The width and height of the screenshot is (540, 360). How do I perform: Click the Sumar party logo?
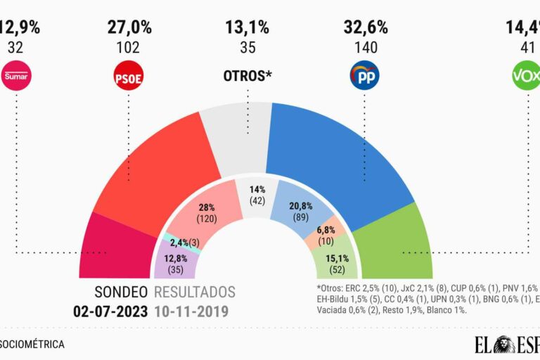point(18,75)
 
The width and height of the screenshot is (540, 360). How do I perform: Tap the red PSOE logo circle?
point(129,76)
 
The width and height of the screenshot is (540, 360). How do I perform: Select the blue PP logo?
point(364,75)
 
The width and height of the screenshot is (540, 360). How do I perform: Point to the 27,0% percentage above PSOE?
point(129,27)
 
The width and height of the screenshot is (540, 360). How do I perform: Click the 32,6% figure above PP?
point(365,27)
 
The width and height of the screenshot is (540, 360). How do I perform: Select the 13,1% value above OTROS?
point(247,27)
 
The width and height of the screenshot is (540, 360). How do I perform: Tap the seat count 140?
point(365,49)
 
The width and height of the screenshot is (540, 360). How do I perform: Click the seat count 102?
point(129,49)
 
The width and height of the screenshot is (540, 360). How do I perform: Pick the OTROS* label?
point(247,75)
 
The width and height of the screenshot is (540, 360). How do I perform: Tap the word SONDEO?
point(122,292)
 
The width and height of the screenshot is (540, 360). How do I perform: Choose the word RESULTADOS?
point(195,292)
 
